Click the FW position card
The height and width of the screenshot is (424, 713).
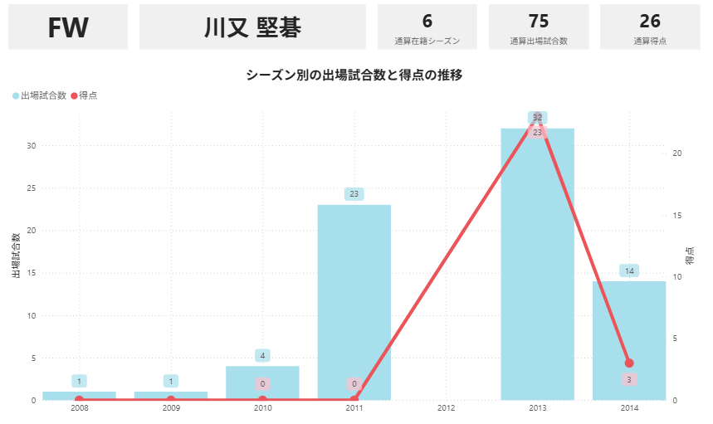(68, 27)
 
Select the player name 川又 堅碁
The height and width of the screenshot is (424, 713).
(252, 27)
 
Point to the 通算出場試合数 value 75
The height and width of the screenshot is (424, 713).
(539, 22)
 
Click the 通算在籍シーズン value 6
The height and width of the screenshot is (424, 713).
(427, 22)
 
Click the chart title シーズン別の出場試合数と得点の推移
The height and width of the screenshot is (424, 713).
(354, 75)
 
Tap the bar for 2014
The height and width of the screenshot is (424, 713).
(629, 340)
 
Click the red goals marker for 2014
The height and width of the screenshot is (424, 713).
(629, 363)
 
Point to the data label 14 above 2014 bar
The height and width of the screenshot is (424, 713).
(629, 271)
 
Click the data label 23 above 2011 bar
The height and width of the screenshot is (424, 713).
(354, 194)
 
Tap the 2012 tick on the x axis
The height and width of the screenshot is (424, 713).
(446, 408)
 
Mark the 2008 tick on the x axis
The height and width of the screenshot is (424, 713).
(79, 408)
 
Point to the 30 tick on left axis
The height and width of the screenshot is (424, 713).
(31, 145)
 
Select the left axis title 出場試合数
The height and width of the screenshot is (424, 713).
(16, 256)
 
